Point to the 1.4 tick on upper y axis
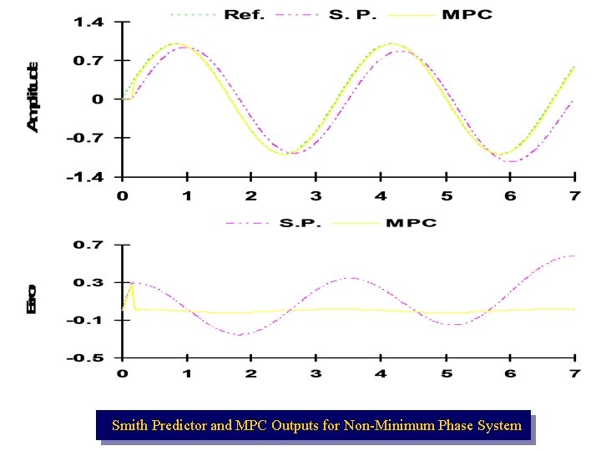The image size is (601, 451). tap(88, 23)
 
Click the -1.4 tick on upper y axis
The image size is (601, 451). tap(85, 177)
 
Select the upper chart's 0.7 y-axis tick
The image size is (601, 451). tap(88, 61)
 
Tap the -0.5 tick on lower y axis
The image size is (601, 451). tap(85, 358)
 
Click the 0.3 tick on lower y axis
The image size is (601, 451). tap(88, 282)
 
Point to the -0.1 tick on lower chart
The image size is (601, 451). tap(85, 321)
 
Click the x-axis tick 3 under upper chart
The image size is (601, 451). tap(316, 195)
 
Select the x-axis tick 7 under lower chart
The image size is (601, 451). tap(574, 373)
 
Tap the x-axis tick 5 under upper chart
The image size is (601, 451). tap(446, 195)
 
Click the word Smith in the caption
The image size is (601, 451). tap(129, 426)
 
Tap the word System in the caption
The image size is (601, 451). tap(500, 426)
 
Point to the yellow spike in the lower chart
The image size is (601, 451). tap(132, 285)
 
